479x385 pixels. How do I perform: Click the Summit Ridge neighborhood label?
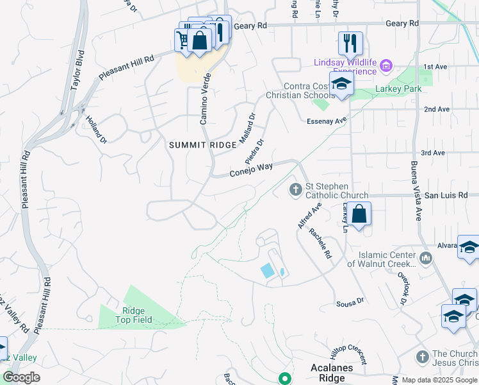pos(203,146)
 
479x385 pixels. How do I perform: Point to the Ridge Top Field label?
pos(133,314)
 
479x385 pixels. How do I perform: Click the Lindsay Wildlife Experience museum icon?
pos(386,65)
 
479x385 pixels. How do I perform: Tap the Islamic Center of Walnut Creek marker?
pos(426,259)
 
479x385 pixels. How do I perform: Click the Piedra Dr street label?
pos(254,151)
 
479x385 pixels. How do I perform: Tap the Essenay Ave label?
pos(327,119)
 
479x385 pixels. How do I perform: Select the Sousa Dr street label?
pos(350,301)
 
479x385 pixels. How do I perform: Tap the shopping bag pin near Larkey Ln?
pos(359,214)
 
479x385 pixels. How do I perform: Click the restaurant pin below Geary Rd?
pos(350,43)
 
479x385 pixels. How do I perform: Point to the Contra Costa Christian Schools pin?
pos(341,84)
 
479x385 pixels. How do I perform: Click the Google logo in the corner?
pos(21,377)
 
